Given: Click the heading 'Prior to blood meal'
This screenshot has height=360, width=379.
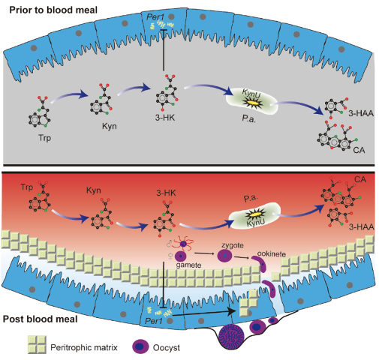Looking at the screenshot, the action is [53, 10].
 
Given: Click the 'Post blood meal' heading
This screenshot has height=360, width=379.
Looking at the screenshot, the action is [41, 319].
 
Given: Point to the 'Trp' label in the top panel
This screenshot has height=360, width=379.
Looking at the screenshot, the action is [44, 138].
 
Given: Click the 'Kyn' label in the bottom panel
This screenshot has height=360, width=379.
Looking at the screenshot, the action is [94, 190].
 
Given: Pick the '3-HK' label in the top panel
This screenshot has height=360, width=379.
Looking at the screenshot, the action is [165, 118].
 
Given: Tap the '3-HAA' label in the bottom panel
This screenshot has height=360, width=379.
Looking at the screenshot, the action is [362, 227].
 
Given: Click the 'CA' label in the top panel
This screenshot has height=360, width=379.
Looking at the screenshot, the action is [359, 150].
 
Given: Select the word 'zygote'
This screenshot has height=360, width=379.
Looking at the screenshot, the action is [233, 245].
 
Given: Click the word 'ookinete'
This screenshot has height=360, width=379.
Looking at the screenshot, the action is [272, 254].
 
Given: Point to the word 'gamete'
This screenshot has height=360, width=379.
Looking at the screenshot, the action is [188, 265].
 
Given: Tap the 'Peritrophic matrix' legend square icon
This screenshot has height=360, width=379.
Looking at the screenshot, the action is [37, 344].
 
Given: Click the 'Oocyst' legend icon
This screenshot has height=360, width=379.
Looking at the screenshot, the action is [140, 346].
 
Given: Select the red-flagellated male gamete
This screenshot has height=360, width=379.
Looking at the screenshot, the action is [184, 243].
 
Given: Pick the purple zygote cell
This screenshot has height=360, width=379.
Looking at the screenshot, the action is [224, 256].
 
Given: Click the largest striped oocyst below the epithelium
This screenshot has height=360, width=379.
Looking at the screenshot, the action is [231, 335].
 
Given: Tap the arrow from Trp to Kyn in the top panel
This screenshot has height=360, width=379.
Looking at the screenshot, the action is [69, 97].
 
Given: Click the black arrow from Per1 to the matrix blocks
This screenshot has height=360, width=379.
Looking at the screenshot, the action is [204, 313].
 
